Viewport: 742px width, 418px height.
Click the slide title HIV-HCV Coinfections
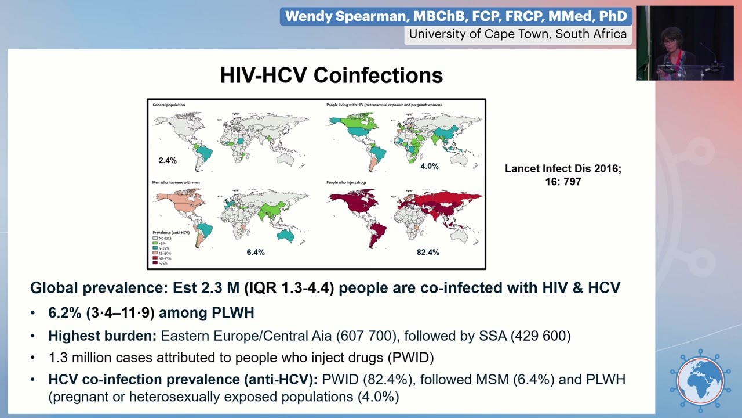coord(331,75)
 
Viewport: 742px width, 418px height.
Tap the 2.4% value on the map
coord(168,160)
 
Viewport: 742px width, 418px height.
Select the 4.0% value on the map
coord(429,166)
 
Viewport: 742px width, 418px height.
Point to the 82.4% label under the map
coord(428,252)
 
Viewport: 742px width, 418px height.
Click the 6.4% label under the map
coord(255,252)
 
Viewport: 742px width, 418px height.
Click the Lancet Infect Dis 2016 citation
coord(563,175)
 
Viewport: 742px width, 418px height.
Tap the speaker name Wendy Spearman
coord(456,16)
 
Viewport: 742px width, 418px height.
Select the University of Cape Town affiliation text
coord(517,34)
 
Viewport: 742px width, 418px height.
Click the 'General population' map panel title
coord(169,105)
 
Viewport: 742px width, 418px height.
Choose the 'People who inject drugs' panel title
coord(346,182)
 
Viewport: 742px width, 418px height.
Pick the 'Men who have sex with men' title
coord(176,182)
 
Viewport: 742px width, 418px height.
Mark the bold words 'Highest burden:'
coord(102,336)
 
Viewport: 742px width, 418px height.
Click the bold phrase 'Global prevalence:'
coord(99,287)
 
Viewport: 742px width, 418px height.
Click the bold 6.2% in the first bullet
coord(65,312)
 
